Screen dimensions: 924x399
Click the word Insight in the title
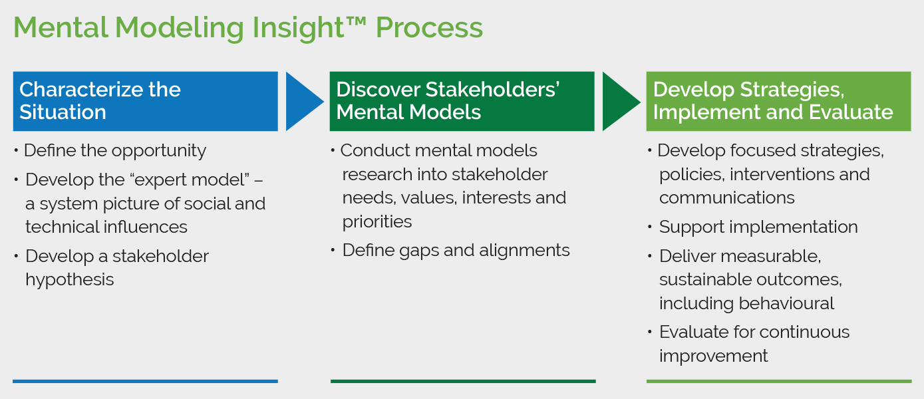[x=298, y=28]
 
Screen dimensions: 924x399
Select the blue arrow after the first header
[x=305, y=101]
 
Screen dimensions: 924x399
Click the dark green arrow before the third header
[x=621, y=101]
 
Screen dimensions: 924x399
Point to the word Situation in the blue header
[x=63, y=112]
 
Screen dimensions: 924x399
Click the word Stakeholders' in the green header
[x=492, y=90]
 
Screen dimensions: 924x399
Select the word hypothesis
[x=69, y=280]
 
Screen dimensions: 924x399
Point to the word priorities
[x=377, y=222]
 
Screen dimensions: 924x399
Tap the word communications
[x=727, y=198]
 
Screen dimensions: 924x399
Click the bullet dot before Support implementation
[x=650, y=227]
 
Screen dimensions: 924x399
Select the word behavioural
[x=786, y=303]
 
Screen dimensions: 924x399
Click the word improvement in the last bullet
[x=714, y=356]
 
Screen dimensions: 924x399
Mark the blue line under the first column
[x=145, y=381]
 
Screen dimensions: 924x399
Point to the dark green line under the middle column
[x=463, y=381]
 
